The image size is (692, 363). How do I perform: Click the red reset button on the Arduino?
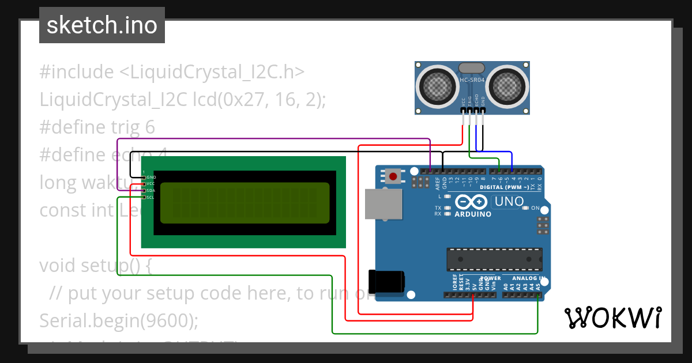pyautogui.click(x=394, y=176)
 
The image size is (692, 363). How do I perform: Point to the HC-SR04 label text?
pyautogui.click(x=472, y=81)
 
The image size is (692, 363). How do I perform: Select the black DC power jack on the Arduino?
pyautogui.click(x=386, y=281)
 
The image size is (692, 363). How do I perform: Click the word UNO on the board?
pyautogui.click(x=509, y=202)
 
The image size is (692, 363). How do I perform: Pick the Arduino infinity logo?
pyautogui.click(x=472, y=202)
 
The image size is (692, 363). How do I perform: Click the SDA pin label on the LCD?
pyautogui.click(x=151, y=191)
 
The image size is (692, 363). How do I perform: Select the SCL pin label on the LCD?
pyautogui.click(x=151, y=198)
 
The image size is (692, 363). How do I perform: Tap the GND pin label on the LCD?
pyautogui.click(x=151, y=177)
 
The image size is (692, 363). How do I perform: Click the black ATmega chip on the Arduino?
pyautogui.click(x=495, y=259)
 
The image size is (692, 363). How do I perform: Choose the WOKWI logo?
pyautogui.click(x=612, y=318)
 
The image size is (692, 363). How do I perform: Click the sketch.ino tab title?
pyautogui.click(x=102, y=25)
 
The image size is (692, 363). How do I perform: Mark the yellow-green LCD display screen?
pyautogui.click(x=245, y=203)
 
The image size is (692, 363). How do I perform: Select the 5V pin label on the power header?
pyautogui.click(x=473, y=285)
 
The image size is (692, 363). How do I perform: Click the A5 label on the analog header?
pyautogui.click(x=538, y=285)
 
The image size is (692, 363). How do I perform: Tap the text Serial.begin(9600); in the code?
pyautogui.click(x=118, y=320)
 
